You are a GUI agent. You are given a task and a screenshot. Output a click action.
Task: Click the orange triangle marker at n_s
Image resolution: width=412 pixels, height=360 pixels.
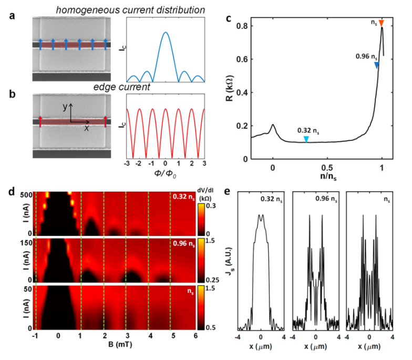pos(382,23)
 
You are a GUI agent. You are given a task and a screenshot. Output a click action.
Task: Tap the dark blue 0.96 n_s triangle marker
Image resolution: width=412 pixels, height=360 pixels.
pos(376,65)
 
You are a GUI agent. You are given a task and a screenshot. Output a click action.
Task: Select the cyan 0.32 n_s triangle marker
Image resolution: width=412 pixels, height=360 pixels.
pos(306,139)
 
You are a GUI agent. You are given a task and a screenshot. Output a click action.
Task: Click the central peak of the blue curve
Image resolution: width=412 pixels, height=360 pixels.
pos(165,33)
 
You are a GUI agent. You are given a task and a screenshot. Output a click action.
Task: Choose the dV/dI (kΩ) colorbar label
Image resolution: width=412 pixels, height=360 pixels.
pos(208,198)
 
